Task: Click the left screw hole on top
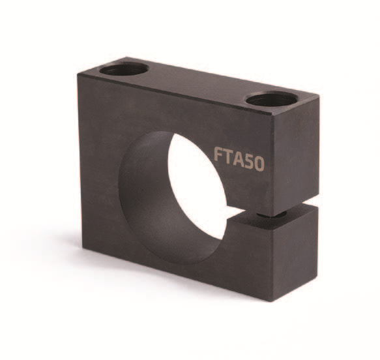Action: point(124,69)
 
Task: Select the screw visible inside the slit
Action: point(271,215)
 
